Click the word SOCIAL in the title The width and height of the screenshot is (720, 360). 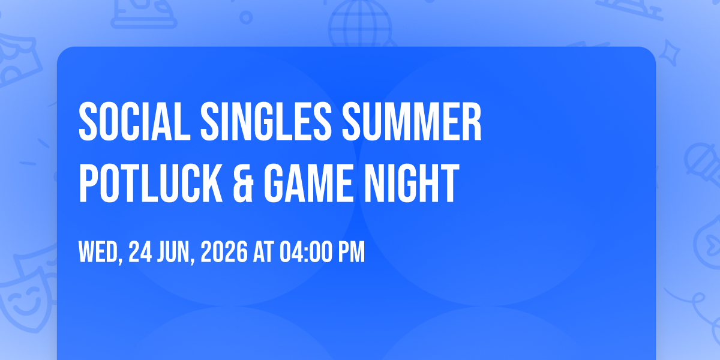[x=134, y=121]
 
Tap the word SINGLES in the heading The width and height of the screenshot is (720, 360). [x=266, y=121]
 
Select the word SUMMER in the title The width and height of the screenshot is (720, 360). [x=412, y=121]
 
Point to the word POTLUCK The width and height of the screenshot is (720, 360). [x=151, y=183]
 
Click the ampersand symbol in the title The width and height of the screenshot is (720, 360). [x=244, y=183]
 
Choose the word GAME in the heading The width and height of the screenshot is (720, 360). [x=308, y=183]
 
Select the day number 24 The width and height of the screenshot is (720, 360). [x=140, y=251]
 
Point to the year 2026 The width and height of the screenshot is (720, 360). [x=224, y=251]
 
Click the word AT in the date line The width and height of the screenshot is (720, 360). [x=263, y=251]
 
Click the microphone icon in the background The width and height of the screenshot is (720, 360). [x=703, y=164]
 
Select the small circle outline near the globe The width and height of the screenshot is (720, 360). [x=246, y=17]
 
